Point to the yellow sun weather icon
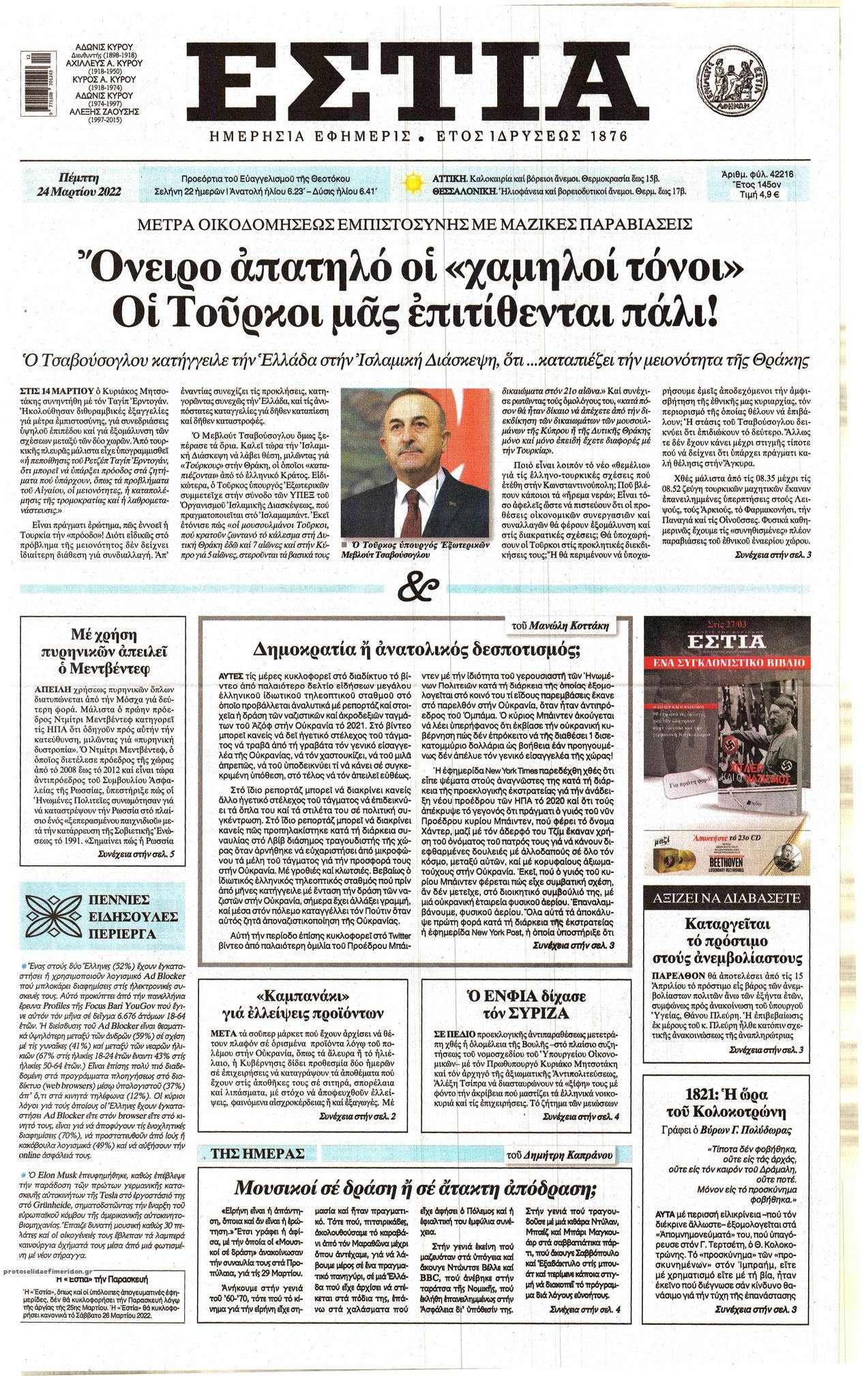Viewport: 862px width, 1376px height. [411, 184]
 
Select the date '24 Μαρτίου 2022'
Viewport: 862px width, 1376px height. [80, 191]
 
